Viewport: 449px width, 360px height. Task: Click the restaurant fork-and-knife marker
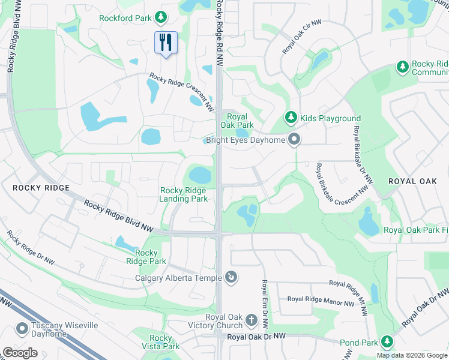[x=166, y=42]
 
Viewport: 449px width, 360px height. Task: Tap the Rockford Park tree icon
[x=161, y=17]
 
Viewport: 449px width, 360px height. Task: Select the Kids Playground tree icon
[x=291, y=118]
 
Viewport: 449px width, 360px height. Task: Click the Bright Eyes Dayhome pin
[x=294, y=140]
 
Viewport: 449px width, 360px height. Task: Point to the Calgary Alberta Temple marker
[x=231, y=277]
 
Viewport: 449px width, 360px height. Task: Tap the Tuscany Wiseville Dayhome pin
[x=22, y=329]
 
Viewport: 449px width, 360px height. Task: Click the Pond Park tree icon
[x=387, y=342]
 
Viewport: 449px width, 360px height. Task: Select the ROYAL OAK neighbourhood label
[x=412, y=181]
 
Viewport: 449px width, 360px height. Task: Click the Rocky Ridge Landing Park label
[x=184, y=194]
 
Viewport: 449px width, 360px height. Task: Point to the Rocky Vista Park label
[x=161, y=342]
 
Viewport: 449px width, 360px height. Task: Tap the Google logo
[x=20, y=353]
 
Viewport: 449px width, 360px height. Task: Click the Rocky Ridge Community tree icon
[x=402, y=68]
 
